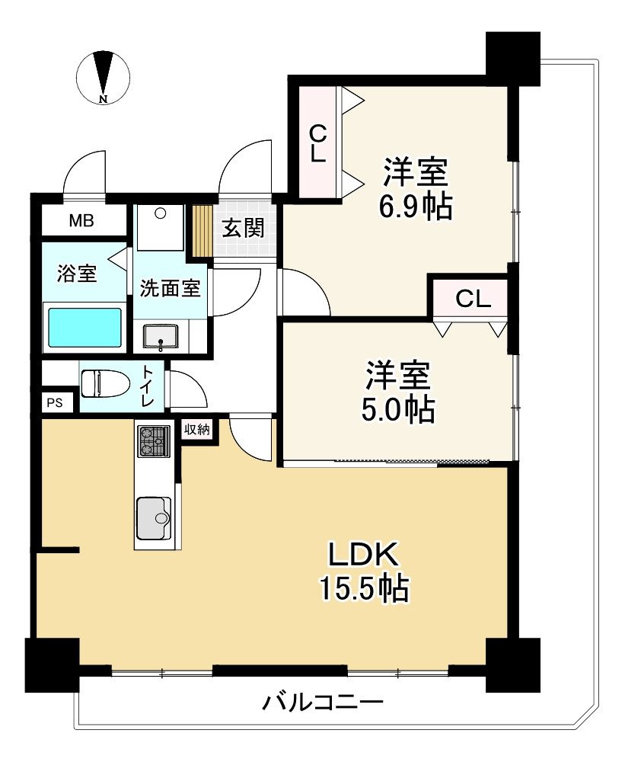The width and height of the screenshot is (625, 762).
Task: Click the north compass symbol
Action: coord(104,76)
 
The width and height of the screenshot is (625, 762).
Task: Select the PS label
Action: coord(54,403)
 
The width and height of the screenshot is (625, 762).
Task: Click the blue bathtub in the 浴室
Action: coord(85,328)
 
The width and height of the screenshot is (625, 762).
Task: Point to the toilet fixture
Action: coord(106,383)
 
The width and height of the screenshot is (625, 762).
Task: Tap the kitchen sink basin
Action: coord(155,518)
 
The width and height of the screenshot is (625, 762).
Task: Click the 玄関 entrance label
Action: coord(243,227)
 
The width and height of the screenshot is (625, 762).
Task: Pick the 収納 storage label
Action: coord(196,429)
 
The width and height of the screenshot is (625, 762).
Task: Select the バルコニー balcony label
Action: coord(323,701)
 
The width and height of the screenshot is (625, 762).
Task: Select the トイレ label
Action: coord(147,386)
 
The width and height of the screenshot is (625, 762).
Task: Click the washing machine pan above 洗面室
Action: coord(161,226)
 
